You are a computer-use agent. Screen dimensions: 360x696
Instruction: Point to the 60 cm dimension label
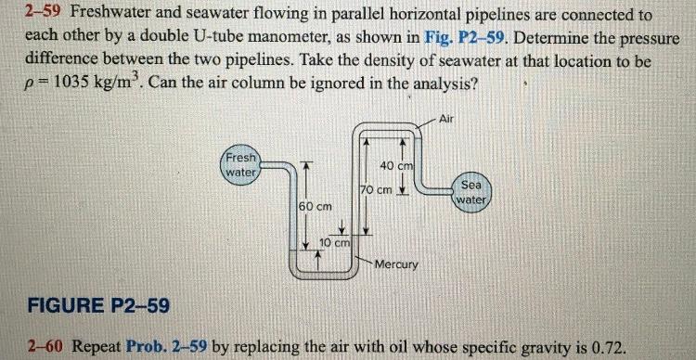coord(316,204)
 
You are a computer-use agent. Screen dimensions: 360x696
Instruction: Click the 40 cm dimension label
coord(396,165)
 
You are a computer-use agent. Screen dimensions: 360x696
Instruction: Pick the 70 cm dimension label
coord(377,190)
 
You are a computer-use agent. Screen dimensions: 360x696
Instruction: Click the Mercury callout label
coord(396,264)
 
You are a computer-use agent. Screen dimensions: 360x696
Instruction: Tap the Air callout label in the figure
coord(446,119)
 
